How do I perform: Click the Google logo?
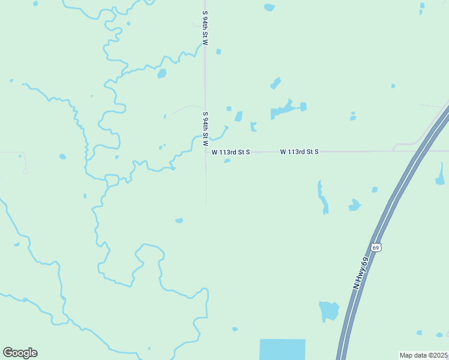click(20, 353)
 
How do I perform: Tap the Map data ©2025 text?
click(424, 355)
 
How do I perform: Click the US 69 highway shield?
click(376, 247)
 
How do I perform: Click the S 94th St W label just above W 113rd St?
click(205, 128)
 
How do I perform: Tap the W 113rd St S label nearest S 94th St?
click(231, 152)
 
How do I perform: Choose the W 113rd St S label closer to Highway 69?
click(299, 152)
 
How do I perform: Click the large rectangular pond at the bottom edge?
click(282, 349)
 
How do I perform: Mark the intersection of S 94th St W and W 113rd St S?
click(205, 152)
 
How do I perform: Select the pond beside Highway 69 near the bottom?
click(329, 311)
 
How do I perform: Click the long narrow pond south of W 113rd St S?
click(323, 197)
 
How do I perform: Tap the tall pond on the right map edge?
click(440, 173)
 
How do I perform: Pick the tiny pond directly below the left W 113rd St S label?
click(227, 161)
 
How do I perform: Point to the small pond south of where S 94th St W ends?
click(179, 221)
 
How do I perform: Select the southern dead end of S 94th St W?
click(206, 203)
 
